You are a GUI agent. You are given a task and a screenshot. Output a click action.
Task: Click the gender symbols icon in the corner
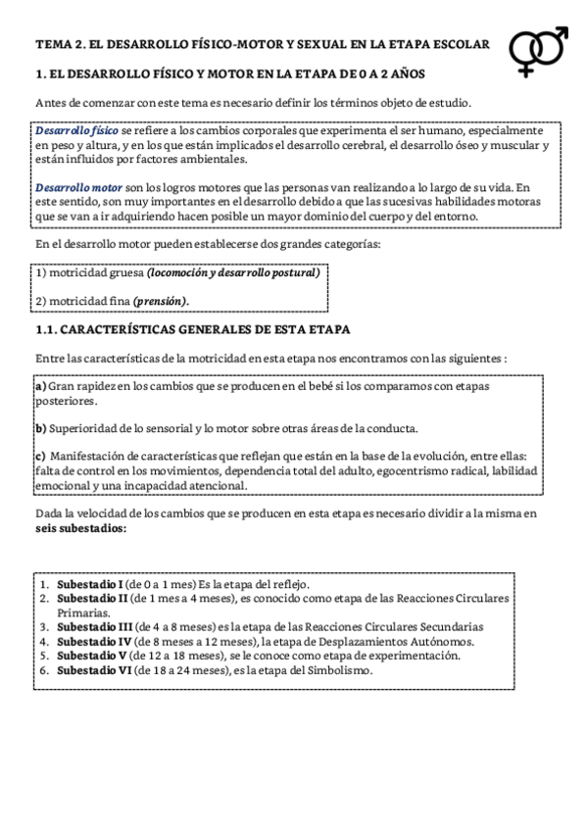point(540,51)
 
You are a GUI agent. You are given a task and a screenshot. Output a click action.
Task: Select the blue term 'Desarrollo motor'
point(78,187)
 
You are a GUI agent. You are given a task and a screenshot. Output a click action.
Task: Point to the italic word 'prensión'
point(161,301)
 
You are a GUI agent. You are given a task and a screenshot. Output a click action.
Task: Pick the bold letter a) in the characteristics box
point(40,387)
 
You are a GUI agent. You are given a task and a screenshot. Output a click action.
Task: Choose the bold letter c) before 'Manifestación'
point(40,456)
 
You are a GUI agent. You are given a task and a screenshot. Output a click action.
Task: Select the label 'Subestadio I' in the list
point(89,583)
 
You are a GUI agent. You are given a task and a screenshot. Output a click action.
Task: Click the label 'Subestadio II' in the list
point(92,597)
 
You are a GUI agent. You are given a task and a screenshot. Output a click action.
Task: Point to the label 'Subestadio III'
point(94,627)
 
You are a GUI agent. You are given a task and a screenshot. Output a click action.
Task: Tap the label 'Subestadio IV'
point(94,642)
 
